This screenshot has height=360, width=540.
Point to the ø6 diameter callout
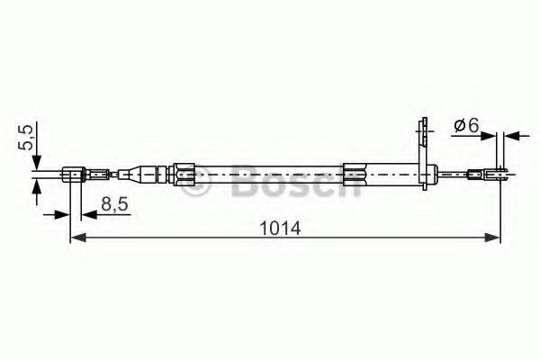pos(466,126)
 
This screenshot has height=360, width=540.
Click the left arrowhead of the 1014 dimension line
pos(76,238)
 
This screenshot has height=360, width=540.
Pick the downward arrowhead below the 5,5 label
pos(37,165)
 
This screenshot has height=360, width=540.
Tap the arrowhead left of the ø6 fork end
pos(493,137)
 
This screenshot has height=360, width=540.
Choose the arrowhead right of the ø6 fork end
pos(510,137)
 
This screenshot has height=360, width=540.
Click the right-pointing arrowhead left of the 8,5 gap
pos(64,214)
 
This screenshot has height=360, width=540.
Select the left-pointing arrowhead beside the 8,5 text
pos(86,214)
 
